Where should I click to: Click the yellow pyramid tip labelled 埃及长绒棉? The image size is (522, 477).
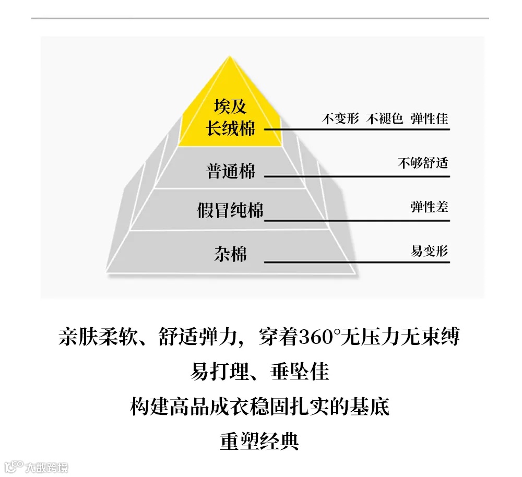230,117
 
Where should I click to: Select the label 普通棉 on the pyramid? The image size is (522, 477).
231,171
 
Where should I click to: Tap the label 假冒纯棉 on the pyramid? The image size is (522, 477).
230,210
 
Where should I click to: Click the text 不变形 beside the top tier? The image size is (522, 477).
340,118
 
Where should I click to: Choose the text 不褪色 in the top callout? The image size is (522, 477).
385,118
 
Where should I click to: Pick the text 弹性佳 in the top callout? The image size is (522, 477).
429,118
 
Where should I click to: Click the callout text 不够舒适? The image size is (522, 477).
423,163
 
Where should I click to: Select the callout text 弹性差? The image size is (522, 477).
429,207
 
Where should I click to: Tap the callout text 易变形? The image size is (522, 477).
429,251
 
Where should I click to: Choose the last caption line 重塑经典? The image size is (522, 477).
259,442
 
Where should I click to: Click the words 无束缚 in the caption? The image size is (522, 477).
431,337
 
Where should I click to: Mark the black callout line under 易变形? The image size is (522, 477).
357,261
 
